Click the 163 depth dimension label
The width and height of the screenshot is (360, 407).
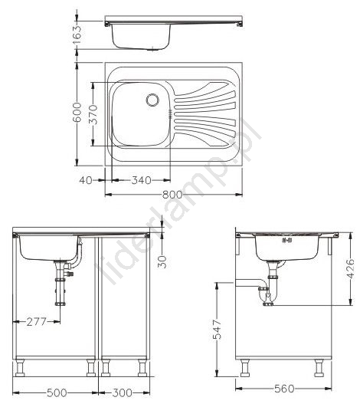pyautogui.click(x=77, y=34)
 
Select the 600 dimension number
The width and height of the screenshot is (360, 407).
pyautogui.click(x=77, y=112)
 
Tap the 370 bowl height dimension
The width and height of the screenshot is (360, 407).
pyautogui.click(x=93, y=114)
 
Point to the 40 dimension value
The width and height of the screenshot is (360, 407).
pyautogui.click(x=86, y=180)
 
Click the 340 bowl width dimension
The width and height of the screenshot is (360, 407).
pyautogui.click(x=141, y=180)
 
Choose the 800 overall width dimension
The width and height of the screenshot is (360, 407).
pyautogui.click(x=172, y=194)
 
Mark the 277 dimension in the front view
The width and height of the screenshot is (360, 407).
pyautogui.click(x=36, y=322)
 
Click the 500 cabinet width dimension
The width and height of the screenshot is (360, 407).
pyautogui.click(x=57, y=392)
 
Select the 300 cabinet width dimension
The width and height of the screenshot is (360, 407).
pyautogui.click(x=122, y=392)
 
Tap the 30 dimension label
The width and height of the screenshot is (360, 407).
pyautogui.click(x=162, y=261)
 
